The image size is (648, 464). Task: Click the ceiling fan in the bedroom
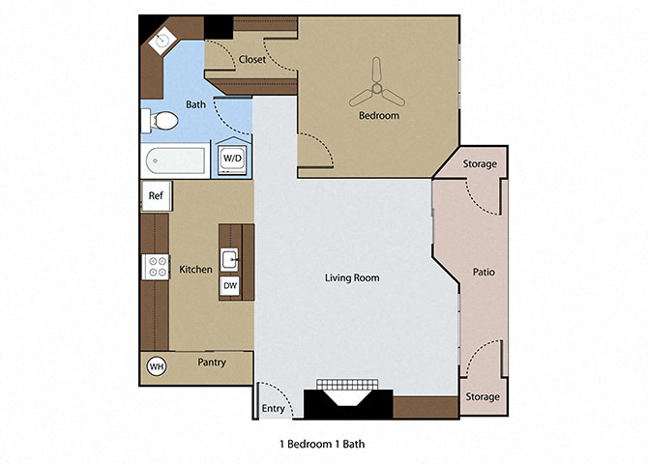coord(377,94)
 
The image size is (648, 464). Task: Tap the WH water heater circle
coord(155,366)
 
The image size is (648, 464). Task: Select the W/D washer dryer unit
coord(233,158)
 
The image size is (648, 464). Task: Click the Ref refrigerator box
coord(155,195)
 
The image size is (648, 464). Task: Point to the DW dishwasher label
coord(230,286)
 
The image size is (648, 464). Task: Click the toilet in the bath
coord(160,122)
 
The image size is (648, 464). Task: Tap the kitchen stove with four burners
coord(156,267)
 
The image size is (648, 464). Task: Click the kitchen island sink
coord(230,259)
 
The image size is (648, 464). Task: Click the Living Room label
coord(351,278)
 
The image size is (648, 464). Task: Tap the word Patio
coord(484,273)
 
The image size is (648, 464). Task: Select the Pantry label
coord(212,363)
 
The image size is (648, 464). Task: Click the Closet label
coord(252,59)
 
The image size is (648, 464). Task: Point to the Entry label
coord(274,409)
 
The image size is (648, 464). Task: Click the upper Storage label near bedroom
coord(481,164)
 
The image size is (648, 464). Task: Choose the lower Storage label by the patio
coord(483,396)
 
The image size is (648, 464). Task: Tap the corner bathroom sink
coord(162,41)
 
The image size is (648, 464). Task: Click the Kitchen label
coord(195,269)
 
